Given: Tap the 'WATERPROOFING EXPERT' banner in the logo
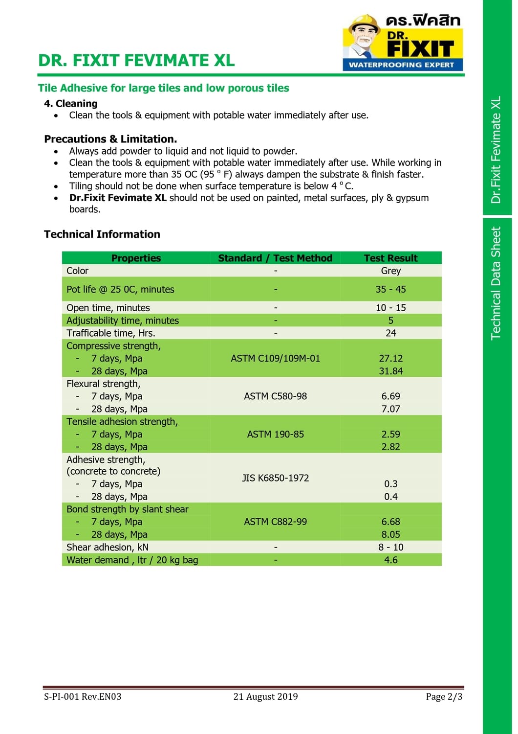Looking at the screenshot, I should [x=402, y=65].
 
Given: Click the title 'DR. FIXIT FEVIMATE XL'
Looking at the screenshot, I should [x=136, y=60].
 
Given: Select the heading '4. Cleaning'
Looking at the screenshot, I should [x=71, y=103].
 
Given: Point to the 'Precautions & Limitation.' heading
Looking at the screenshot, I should [x=110, y=139].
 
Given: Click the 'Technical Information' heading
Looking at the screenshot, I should [x=102, y=234].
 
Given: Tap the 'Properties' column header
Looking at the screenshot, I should [x=136, y=258].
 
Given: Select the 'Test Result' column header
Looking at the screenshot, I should [x=390, y=258].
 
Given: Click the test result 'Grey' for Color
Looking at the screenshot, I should [x=390, y=271].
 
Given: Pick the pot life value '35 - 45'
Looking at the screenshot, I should [x=390, y=289].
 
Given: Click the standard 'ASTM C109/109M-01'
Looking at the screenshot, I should [x=275, y=358].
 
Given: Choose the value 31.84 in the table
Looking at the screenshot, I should [x=390, y=371].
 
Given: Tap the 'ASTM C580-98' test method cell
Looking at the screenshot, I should [x=275, y=396].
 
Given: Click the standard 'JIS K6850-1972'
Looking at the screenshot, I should [x=275, y=478].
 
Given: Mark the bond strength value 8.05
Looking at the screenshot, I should [x=390, y=534].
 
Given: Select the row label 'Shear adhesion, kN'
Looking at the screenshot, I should [x=108, y=547].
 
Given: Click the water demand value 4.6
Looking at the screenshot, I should [x=390, y=560].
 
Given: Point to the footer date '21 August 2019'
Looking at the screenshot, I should [x=265, y=696].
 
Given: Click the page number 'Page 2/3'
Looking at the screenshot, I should [x=444, y=696].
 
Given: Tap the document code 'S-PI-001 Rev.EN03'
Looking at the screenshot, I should [x=83, y=696].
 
